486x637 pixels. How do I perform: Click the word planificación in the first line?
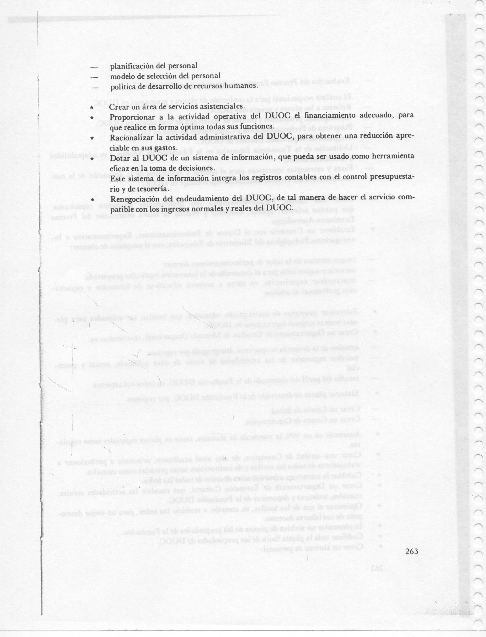(132, 66)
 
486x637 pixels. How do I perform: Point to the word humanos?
(243, 86)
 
